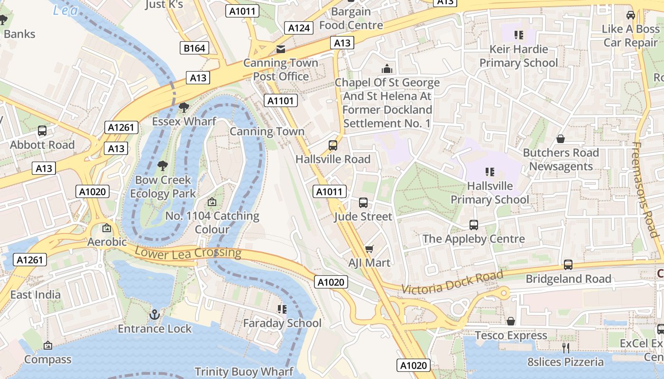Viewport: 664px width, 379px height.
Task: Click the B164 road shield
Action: pos(194,48)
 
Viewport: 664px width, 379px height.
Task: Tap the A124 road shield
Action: pos(299,28)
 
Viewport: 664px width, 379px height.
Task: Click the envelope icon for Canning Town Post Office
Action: pos(281,49)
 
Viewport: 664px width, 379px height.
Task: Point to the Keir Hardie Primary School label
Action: pos(518,56)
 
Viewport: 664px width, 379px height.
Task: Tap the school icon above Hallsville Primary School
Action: pos(490,172)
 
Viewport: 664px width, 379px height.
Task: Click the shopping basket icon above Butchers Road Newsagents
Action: pos(561,139)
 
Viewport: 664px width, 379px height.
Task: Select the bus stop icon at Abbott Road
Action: pos(42,131)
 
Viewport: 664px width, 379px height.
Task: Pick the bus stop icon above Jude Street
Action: pos(363,203)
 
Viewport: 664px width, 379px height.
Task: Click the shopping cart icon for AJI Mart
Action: pos(369,249)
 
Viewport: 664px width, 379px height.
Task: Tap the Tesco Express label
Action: pos(511,335)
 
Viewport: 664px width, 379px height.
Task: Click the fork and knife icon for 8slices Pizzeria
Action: pos(565,348)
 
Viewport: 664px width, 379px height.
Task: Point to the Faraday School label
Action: pos(282,323)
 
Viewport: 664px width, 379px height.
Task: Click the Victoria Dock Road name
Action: pos(452,282)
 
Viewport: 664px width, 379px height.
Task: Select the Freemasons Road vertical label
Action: pos(646,189)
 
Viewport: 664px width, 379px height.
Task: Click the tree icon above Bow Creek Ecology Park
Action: pos(163,166)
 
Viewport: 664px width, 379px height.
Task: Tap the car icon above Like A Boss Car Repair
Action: pos(631,15)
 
